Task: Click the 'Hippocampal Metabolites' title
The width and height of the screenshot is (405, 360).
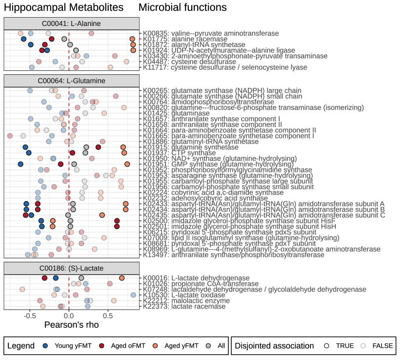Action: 63,8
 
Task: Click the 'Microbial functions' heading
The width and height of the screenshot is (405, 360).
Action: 182,8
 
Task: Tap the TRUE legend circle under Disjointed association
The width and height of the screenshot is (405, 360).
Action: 326,345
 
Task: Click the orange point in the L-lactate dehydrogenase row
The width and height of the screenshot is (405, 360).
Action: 121,278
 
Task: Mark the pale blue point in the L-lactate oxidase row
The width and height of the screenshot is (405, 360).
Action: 133,295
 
